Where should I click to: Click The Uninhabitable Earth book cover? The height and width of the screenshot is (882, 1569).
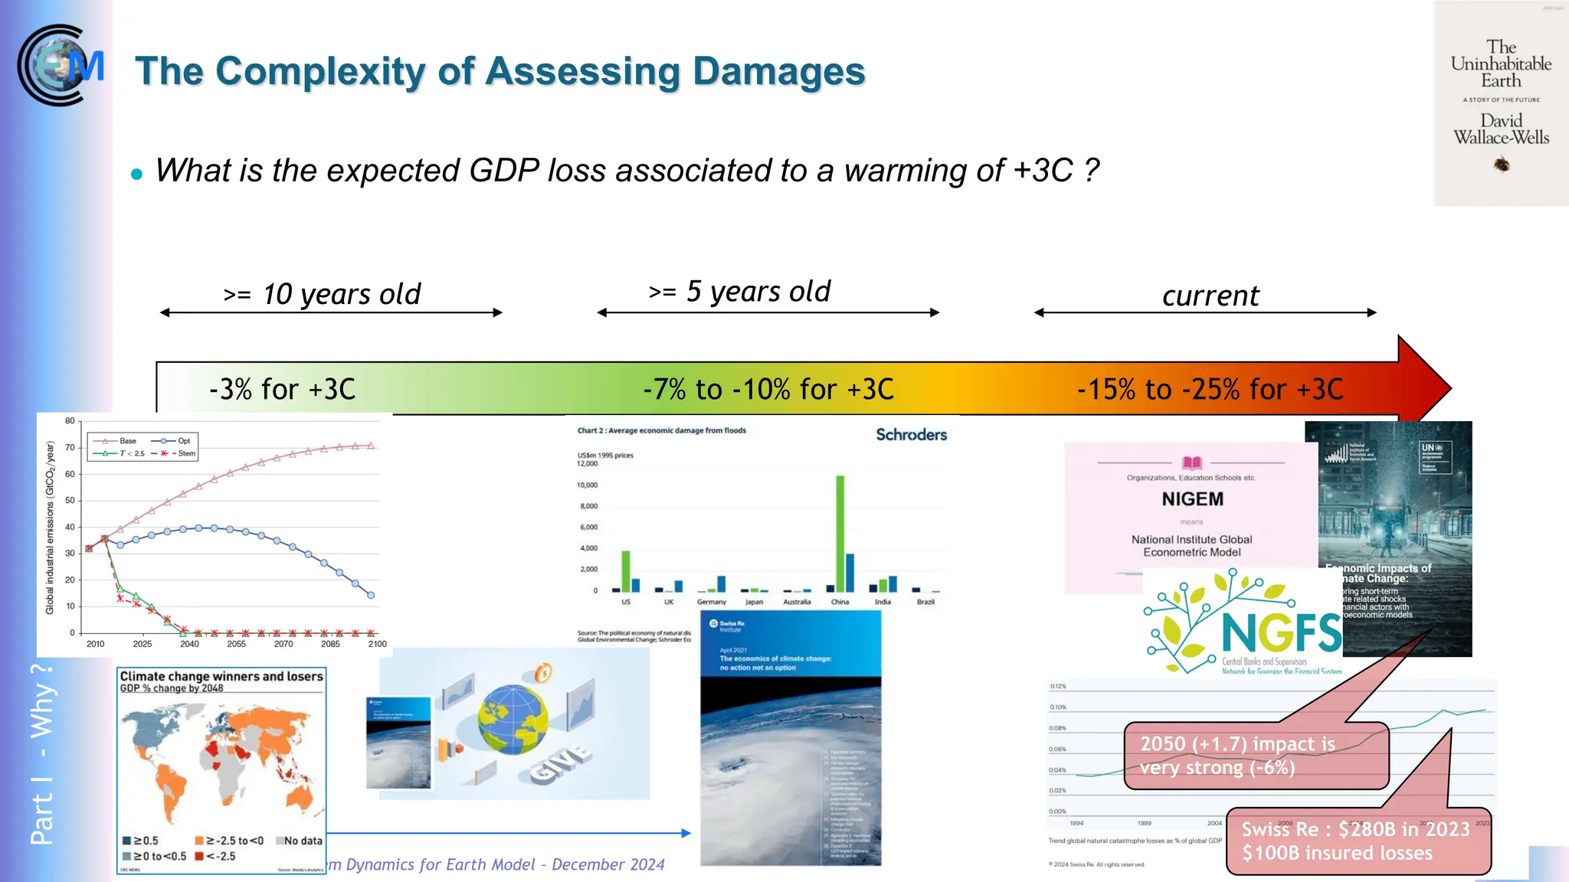point(1500,103)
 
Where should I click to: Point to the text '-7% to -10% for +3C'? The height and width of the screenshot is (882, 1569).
point(768,390)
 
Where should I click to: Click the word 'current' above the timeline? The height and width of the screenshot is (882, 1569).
point(1210,296)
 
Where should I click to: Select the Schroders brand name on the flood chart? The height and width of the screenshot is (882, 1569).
point(911,435)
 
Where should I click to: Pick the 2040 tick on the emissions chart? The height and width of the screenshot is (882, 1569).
point(189,644)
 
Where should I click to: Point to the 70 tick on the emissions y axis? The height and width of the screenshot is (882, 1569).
point(70,448)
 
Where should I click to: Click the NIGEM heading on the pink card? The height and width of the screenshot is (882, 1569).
point(1192,499)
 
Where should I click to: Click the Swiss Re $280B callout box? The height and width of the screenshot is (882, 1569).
point(1358,841)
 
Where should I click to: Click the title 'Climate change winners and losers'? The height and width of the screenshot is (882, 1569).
point(221,676)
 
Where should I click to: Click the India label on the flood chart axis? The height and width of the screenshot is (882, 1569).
point(883,602)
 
